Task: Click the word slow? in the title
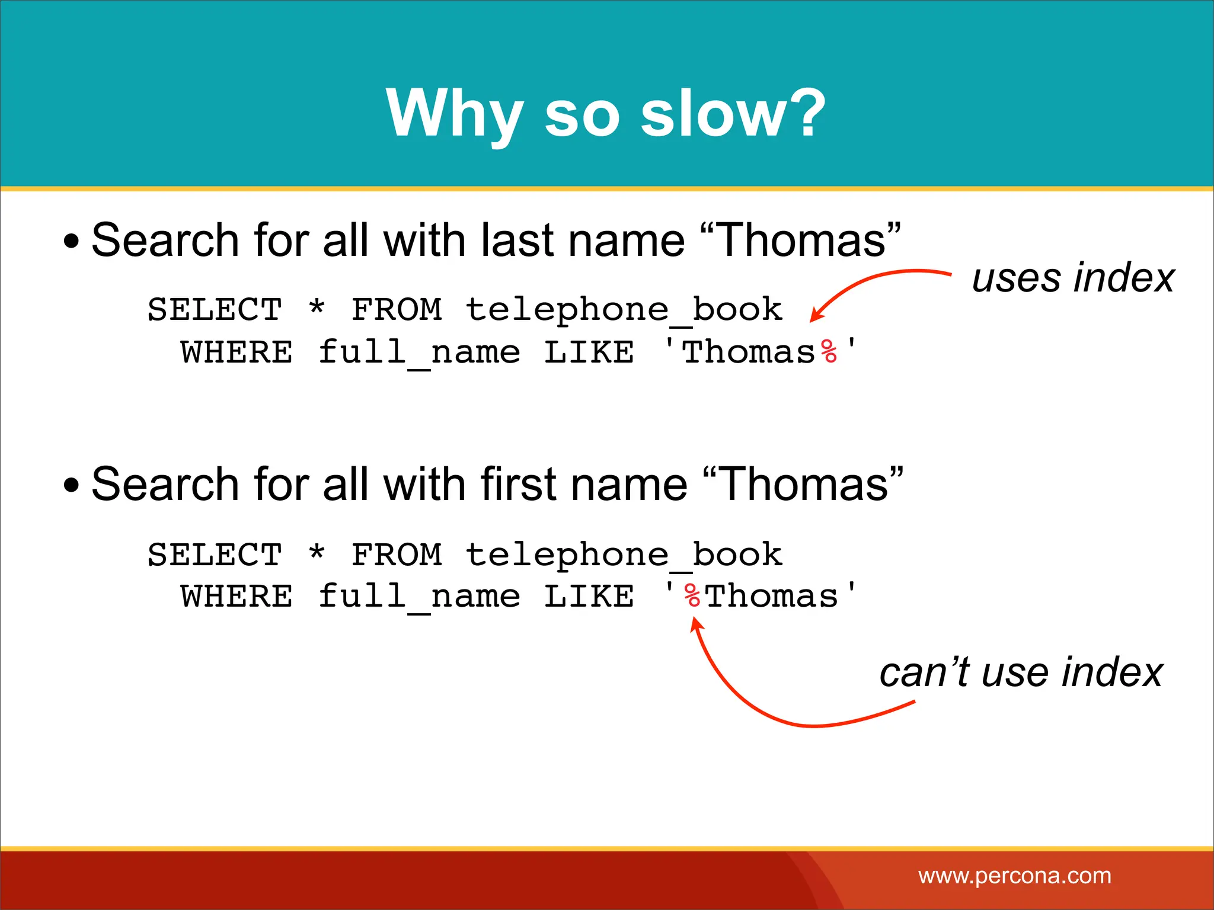[x=733, y=113]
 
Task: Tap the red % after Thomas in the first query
[x=829, y=352]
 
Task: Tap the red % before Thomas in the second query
[x=692, y=595]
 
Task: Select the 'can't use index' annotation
[x=1021, y=672]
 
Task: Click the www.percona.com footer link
[x=1015, y=876]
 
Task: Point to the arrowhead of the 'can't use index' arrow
[x=695, y=622]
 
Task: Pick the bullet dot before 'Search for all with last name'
[x=71, y=242]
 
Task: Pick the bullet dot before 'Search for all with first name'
[x=71, y=486]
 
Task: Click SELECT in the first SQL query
[x=215, y=309]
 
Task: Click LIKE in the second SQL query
[x=589, y=596]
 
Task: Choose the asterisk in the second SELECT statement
[x=317, y=553]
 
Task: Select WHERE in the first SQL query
[x=237, y=353]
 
